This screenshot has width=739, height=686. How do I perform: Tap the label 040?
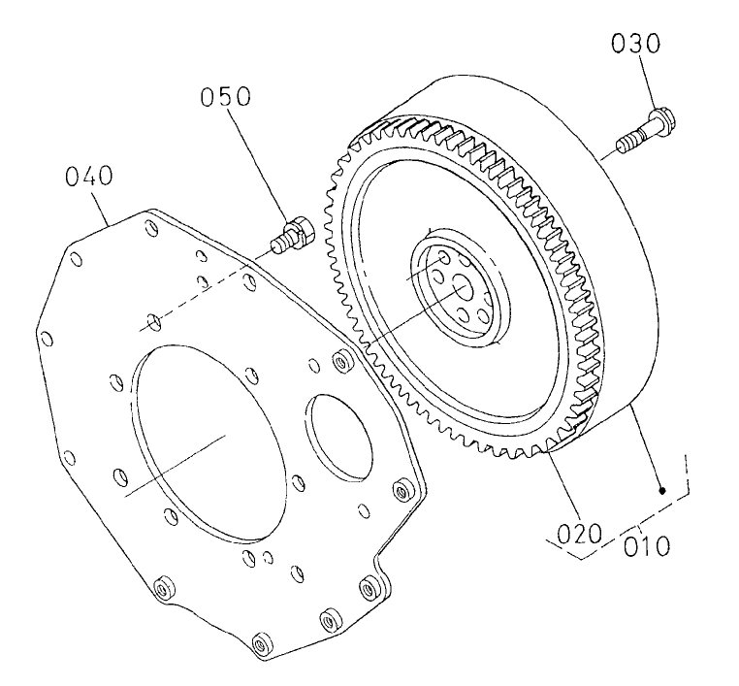click(88, 177)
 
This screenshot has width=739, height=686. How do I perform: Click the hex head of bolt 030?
click(664, 121)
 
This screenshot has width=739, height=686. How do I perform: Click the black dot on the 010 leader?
click(662, 492)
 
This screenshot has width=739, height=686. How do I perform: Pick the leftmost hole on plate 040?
click(45, 339)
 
